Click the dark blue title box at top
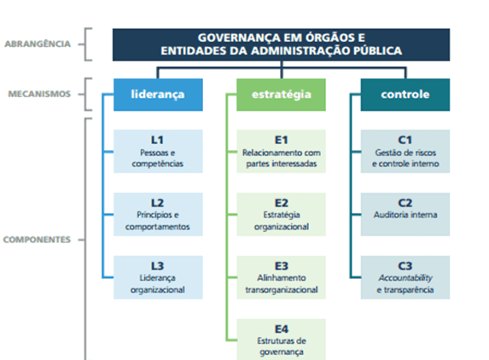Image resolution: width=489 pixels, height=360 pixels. pyautogui.click(x=281, y=44)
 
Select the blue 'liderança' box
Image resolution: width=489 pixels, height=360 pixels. pyautogui.click(x=158, y=95)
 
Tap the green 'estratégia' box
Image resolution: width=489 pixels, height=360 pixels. pyautogui.click(x=281, y=95)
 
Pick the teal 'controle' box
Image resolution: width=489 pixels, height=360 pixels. pyautogui.click(x=405, y=95)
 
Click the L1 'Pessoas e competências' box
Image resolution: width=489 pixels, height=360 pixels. pyautogui.click(x=158, y=151)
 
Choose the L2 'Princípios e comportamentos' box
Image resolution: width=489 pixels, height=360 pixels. pyautogui.click(x=158, y=214)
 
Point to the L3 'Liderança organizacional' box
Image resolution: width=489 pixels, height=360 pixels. pyautogui.click(x=158, y=277)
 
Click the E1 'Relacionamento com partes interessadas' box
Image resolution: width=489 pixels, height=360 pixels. pyautogui.click(x=281, y=151)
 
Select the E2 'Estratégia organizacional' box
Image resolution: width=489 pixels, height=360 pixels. pyautogui.click(x=281, y=214)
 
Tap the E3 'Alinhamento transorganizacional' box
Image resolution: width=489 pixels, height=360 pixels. pyautogui.click(x=281, y=277)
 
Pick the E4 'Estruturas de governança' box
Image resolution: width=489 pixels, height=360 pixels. pyautogui.click(x=281, y=340)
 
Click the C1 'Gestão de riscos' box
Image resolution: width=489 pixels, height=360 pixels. pyautogui.click(x=405, y=151)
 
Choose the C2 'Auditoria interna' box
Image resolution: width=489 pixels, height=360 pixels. pyautogui.click(x=405, y=214)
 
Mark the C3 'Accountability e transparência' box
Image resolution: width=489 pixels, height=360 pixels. pyautogui.click(x=405, y=277)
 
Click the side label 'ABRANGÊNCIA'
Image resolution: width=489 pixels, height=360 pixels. pyautogui.click(x=38, y=44)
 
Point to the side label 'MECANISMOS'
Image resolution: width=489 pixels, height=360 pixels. pyautogui.click(x=39, y=94)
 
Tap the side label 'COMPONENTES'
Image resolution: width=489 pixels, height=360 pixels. pyautogui.click(x=37, y=240)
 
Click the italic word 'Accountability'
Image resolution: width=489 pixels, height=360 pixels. pyautogui.click(x=405, y=278)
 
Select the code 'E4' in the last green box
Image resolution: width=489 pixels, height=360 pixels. pyautogui.click(x=282, y=328)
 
